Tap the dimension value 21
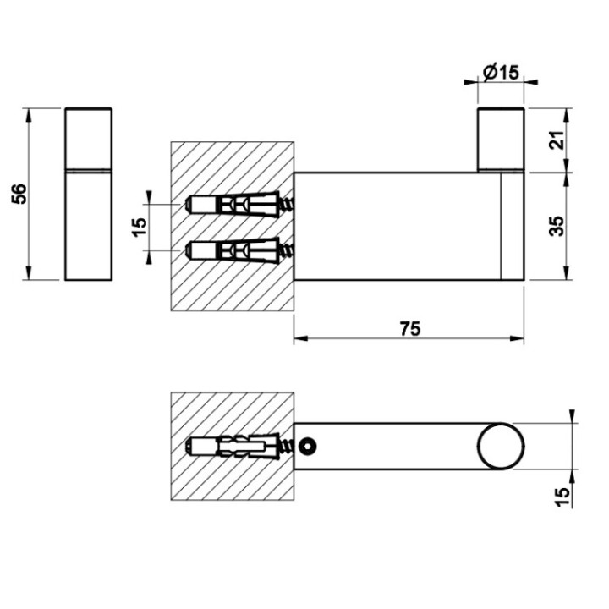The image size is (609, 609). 556,140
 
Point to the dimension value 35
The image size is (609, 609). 556,226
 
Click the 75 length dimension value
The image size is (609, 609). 409,329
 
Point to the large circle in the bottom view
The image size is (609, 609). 499,446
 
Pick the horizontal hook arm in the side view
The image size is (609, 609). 398,226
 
